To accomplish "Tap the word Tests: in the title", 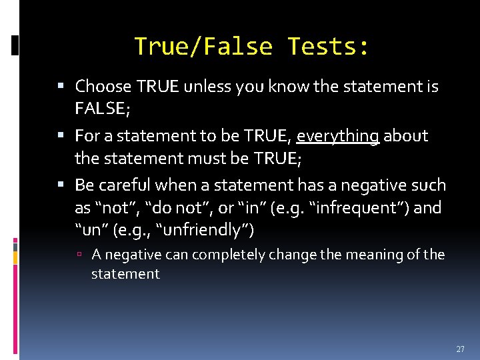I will [328, 47].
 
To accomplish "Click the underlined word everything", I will [338, 136].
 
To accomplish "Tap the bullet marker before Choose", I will [61, 86].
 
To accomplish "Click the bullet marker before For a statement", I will [61, 136].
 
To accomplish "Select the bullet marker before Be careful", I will [61, 185].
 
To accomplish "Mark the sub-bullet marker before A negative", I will [79, 255].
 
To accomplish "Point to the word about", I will [406, 136].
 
